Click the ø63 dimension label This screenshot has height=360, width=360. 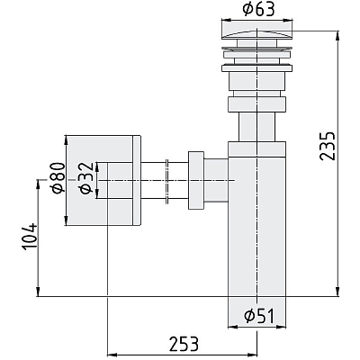tap(258, 10)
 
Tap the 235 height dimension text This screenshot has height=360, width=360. tap(327, 146)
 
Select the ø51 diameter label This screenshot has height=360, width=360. tap(259, 316)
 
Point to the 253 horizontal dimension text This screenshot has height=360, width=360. tap(184, 344)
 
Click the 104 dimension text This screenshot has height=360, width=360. tap(30, 236)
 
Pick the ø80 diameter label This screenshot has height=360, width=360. tap(58, 177)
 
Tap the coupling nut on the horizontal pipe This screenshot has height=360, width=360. tap(196, 180)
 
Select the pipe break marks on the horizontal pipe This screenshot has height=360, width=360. tap(167, 181)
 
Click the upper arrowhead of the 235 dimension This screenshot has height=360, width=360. tap(337, 35)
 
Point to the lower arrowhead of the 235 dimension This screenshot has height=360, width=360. tap(337, 292)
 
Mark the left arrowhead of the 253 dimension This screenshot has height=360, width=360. tap(112, 355)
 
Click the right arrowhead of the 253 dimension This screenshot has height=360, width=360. tap(252, 355)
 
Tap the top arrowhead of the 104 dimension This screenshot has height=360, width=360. tap(38, 184)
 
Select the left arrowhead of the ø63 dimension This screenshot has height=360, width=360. tap(226, 21)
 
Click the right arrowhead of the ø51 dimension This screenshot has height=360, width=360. tap(282, 327)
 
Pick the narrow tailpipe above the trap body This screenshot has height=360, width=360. tap(257, 127)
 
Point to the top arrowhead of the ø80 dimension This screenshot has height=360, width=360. tap(66, 140)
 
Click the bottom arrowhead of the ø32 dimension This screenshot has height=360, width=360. tap(97, 194)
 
